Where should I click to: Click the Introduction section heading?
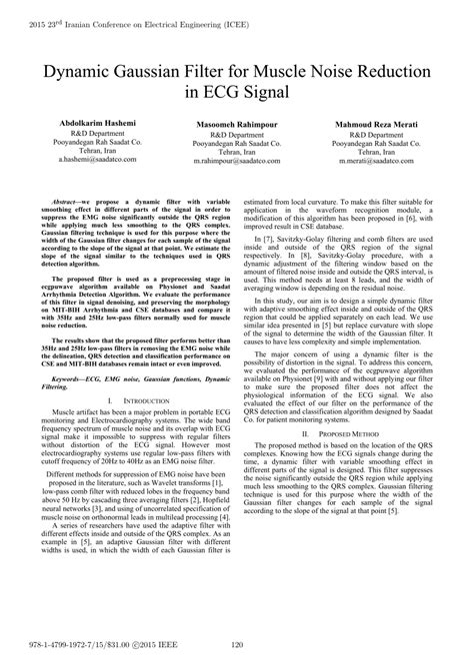[x=131, y=399]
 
